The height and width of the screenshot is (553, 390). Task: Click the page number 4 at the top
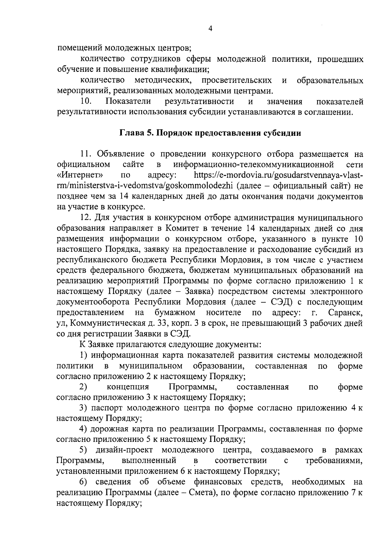[210, 29]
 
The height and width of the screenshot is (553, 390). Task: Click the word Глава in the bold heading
[131, 133]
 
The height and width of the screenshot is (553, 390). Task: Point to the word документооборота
[94, 302]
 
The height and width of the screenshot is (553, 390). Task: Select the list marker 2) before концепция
[84, 387]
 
